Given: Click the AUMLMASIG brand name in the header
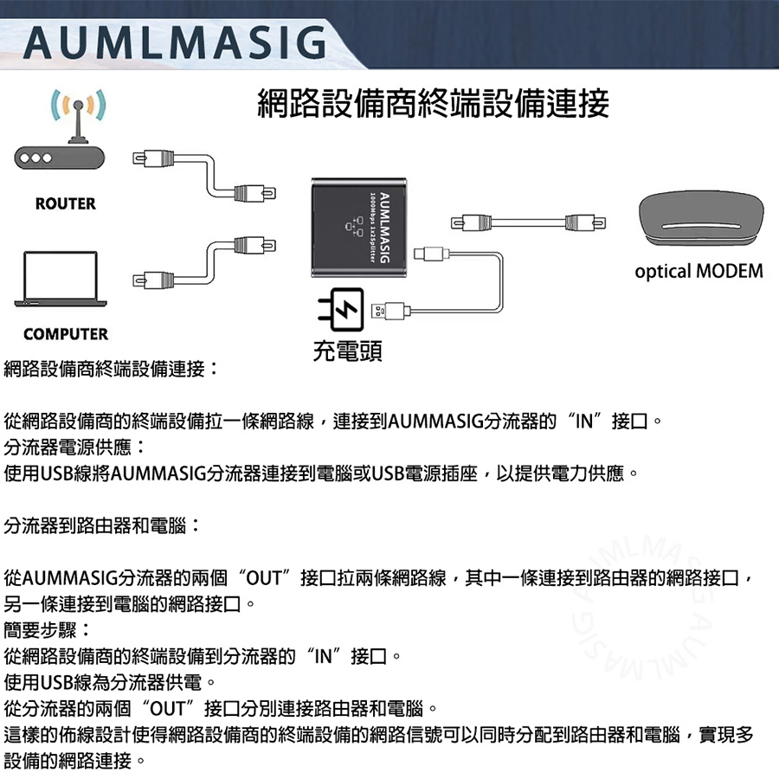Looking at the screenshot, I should pos(173,42).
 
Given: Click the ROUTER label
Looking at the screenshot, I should pos(66,204).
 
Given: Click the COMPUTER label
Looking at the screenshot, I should pos(66,334).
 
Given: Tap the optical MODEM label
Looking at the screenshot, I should pos(699,272).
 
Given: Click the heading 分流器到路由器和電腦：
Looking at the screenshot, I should pos(102,525).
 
